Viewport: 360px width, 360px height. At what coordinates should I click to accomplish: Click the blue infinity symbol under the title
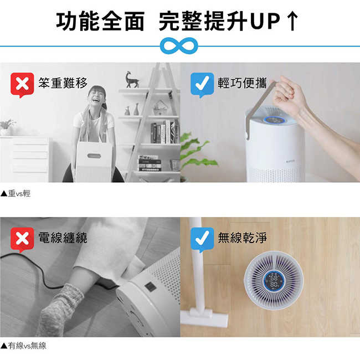tap(179, 45)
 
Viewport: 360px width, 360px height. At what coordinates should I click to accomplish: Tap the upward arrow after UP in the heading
tap(292, 20)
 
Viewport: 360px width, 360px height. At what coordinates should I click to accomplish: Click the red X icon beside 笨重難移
tap(22, 85)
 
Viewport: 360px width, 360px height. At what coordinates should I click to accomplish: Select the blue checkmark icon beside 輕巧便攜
tap(202, 85)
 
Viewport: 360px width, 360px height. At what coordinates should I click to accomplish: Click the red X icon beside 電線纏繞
tap(22, 239)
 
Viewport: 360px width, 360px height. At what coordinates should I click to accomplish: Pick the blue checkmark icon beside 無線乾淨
tap(202, 239)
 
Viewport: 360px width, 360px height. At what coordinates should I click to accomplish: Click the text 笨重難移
tap(63, 83)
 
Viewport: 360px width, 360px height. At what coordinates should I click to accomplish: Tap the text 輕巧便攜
tap(242, 83)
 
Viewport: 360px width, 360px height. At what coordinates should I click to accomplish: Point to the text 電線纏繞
tap(63, 238)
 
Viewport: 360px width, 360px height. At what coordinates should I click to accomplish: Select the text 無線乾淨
tap(242, 238)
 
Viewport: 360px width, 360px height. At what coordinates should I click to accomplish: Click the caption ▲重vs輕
tap(16, 193)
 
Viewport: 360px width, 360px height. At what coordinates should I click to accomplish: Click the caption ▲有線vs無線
tap(23, 346)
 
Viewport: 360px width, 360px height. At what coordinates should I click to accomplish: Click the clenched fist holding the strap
tap(289, 91)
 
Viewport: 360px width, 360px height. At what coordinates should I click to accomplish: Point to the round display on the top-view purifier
tap(274, 281)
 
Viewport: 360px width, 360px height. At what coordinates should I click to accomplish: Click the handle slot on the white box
tap(94, 156)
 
